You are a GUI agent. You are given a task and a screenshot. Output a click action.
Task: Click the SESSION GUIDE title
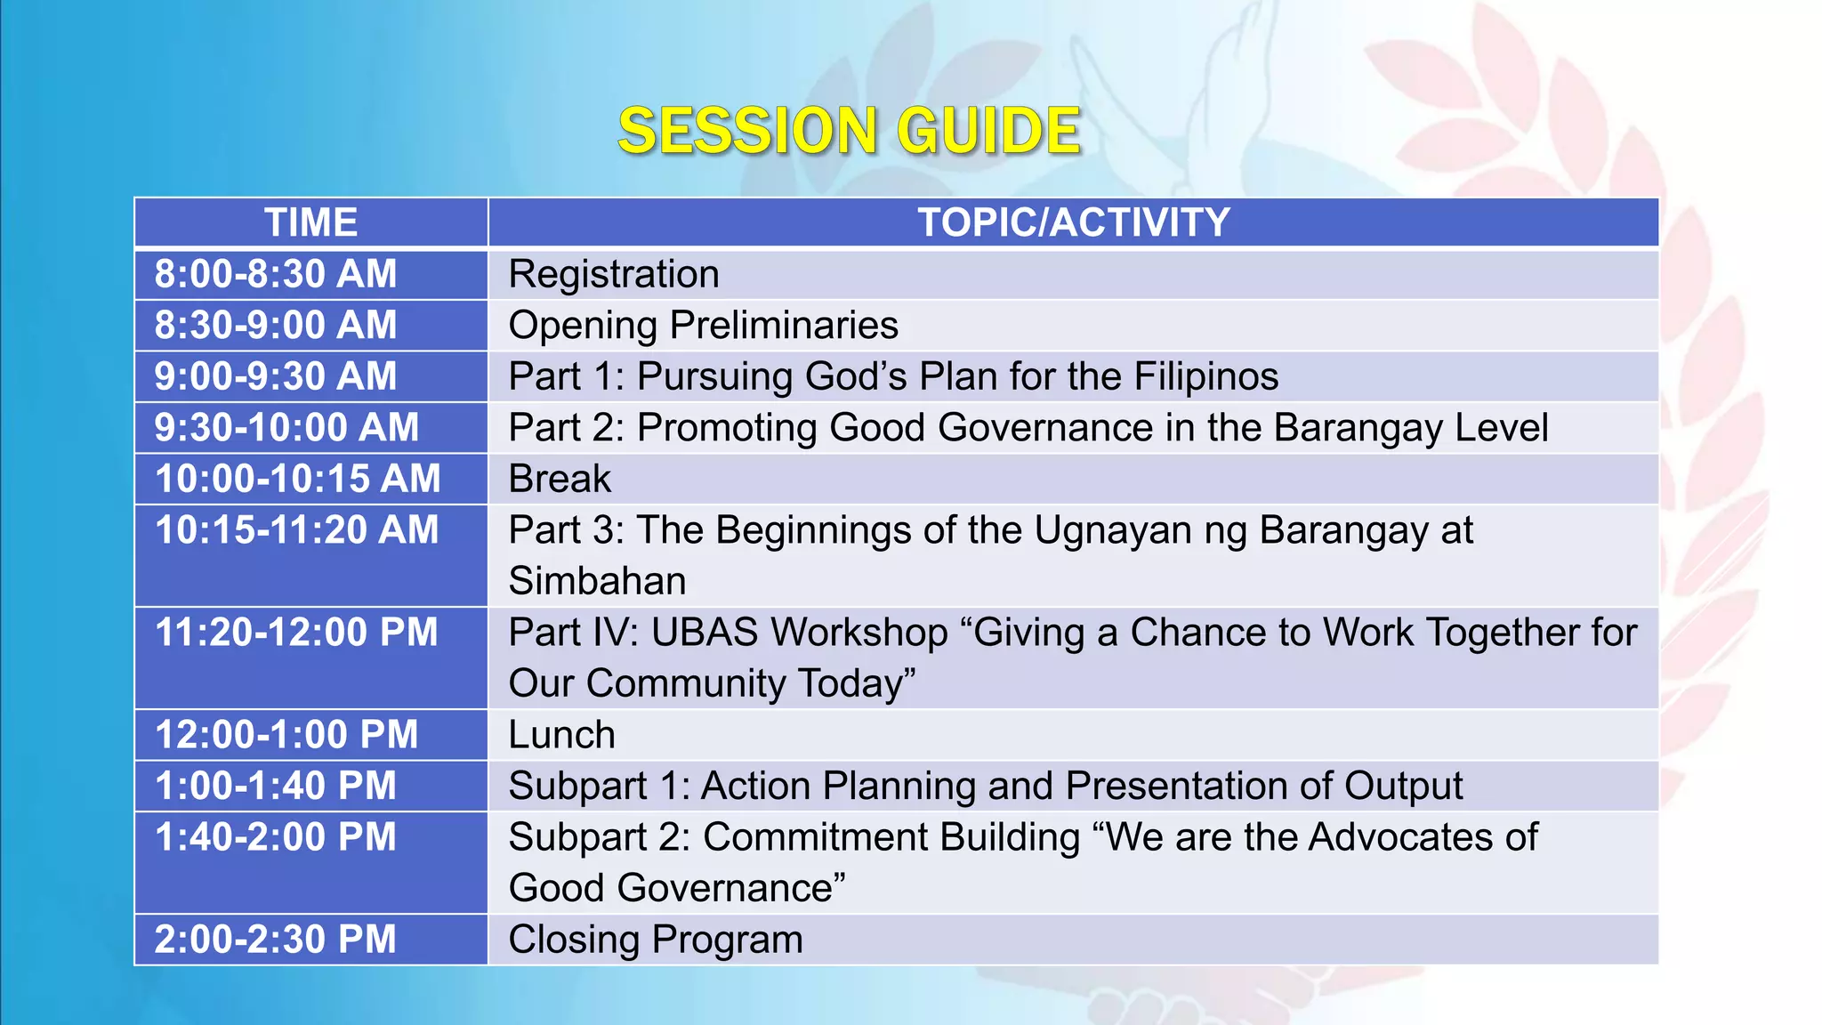pyautogui.click(x=849, y=132)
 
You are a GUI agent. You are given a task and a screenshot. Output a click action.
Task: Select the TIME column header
pyautogui.click(x=310, y=222)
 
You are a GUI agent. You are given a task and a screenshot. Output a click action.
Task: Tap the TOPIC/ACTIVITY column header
pyautogui.click(x=1073, y=222)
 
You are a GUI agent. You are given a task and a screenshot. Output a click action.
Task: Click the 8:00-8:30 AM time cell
pyautogui.click(x=276, y=274)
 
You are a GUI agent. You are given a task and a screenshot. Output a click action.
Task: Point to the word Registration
pyautogui.click(x=613, y=274)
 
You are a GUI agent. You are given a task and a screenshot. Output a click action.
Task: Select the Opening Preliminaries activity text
pyautogui.click(x=703, y=325)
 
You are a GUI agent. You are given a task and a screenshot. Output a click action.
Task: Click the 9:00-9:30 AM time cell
pyautogui.click(x=276, y=376)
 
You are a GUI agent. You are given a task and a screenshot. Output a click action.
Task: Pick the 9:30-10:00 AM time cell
pyautogui.click(x=286, y=428)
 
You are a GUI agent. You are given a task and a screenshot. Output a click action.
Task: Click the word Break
pyautogui.click(x=560, y=480)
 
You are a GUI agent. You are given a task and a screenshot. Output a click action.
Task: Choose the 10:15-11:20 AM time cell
pyautogui.click(x=297, y=530)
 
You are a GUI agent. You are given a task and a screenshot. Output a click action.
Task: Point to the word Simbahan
pyautogui.click(x=597, y=581)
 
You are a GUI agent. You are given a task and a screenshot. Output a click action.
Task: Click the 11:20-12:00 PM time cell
pyautogui.click(x=297, y=633)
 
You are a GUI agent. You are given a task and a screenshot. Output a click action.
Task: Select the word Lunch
pyautogui.click(x=561, y=735)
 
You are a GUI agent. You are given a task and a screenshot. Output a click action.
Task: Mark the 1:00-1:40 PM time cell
pyautogui.click(x=276, y=787)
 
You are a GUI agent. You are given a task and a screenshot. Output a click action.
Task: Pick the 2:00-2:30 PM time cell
pyautogui.click(x=276, y=940)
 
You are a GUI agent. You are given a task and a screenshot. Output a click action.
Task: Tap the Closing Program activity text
pyautogui.click(x=655, y=940)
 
